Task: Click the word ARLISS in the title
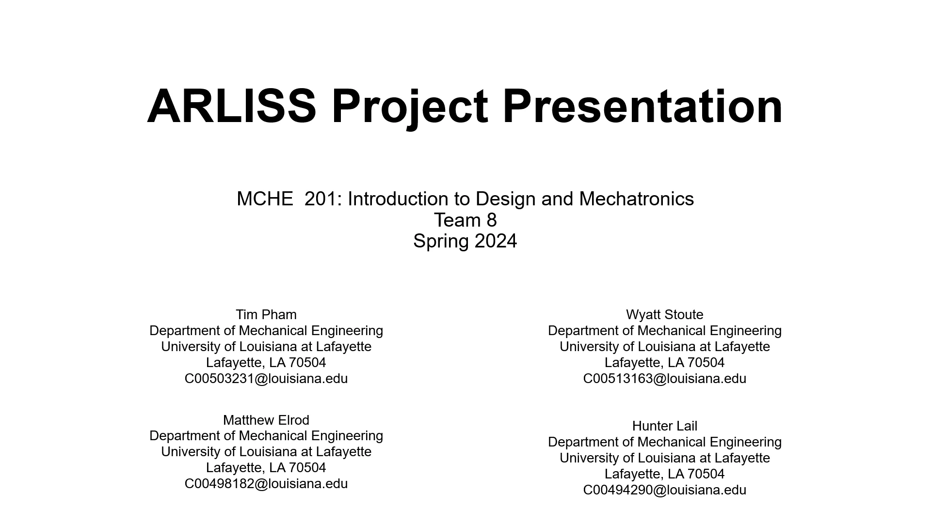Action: pyautogui.click(x=231, y=107)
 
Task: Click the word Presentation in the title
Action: pyautogui.click(x=642, y=107)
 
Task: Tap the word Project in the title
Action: pyautogui.click(x=409, y=107)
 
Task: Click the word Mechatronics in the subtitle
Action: pyautogui.click(x=636, y=199)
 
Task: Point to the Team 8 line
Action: pyautogui.click(x=465, y=220)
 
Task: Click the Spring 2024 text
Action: pyautogui.click(x=465, y=241)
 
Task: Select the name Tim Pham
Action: pyautogui.click(x=266, y=315)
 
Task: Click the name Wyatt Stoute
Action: pyautogui.click(x=664, y=315)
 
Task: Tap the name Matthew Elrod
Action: pyautogui.click(x=266, y=420)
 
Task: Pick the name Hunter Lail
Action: pyautogui.click(x=664, y=426)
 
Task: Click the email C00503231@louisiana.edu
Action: pyautogui.click(x=266, y=379)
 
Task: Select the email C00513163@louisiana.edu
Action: pyautogui.click(x=664, y=379)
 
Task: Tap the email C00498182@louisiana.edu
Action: pyautogui.click(x=266, y=484)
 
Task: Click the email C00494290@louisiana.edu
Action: pyautogui.click(x=664, y=490)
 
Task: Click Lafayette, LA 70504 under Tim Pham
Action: pyautogui.click(x=266, y=363)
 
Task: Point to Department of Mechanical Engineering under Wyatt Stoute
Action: pyautogui.click(x=664, y=331)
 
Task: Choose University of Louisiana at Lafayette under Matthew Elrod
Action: pyautogui.click(x=266, y=452)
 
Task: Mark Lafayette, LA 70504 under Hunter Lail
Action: pyautogui.click(x=664, y=474)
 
